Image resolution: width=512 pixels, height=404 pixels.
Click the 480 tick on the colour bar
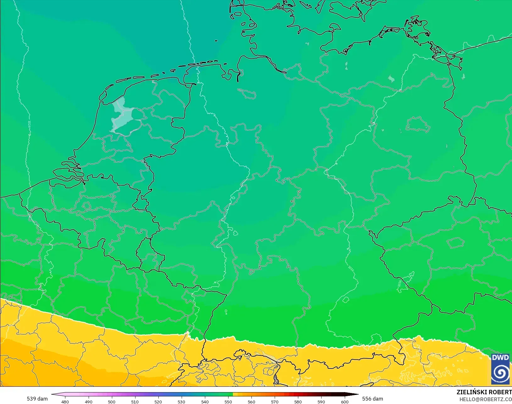[x=65, y=401]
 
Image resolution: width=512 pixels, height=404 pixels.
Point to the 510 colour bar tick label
[x=135, y=401]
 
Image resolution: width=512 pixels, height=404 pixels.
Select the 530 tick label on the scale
[x=181, y=401]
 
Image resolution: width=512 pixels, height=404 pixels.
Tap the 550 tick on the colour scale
[x=228, y=401]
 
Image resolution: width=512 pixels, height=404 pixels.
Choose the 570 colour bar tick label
[x=275, y=401]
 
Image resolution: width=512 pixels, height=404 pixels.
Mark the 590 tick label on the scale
[x=321, y=401]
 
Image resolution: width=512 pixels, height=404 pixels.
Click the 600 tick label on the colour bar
[x=345, y=401]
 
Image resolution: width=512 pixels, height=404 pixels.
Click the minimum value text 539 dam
[x=37, y=399]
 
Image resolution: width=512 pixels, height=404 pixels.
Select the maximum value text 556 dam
[x=372, y=399]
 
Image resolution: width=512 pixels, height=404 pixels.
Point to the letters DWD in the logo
[x=500, y=358]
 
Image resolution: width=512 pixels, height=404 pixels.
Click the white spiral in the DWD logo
[x=500, y=373]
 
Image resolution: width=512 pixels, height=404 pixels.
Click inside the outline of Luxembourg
[x=144, y=250]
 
